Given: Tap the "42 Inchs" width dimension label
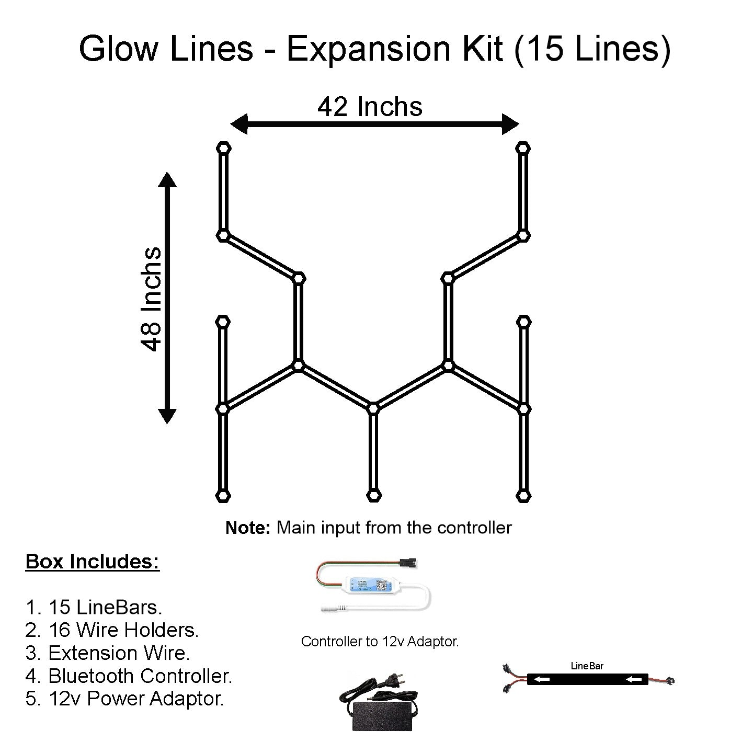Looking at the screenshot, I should tap(370, 107).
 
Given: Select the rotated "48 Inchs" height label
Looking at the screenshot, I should tap(152, 299).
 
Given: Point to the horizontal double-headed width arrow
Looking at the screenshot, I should tap(374, 124).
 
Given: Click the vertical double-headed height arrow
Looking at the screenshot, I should tap(167, 298).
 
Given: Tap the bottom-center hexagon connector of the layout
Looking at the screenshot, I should tap(373, 495).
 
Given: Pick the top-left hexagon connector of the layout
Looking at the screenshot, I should tap(223, 148).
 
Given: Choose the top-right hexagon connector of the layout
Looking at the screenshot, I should tap(522, 148).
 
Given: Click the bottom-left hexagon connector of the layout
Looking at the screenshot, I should tap(223, 495).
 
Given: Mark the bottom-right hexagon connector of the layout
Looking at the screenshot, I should tap(522, 495).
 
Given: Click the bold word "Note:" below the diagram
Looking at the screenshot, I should tap(247, 528).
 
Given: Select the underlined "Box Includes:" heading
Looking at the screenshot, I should tap(93, 562).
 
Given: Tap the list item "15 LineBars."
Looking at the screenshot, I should tap(105, 607).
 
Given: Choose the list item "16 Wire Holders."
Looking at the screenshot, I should tap(123, 630).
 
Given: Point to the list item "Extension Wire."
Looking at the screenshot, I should tap(119, 653).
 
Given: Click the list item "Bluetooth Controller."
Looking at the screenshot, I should tap(140, 676).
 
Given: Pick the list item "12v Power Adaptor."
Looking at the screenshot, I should tap(135, 699).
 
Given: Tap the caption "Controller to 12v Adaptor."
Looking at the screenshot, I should tap(380, 642).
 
